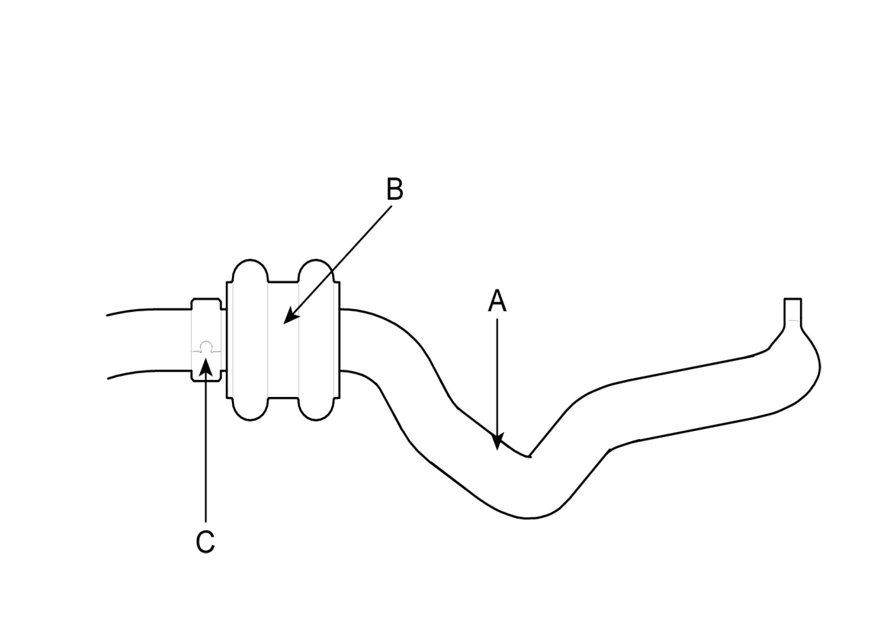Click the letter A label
[x=497, y=302]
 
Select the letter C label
[x=205, y=542]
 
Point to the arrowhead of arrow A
[x=497, y=443]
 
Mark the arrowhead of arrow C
[x=206, y=366]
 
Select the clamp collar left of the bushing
[x=206, y=340]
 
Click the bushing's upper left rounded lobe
[x=250, y=272]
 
